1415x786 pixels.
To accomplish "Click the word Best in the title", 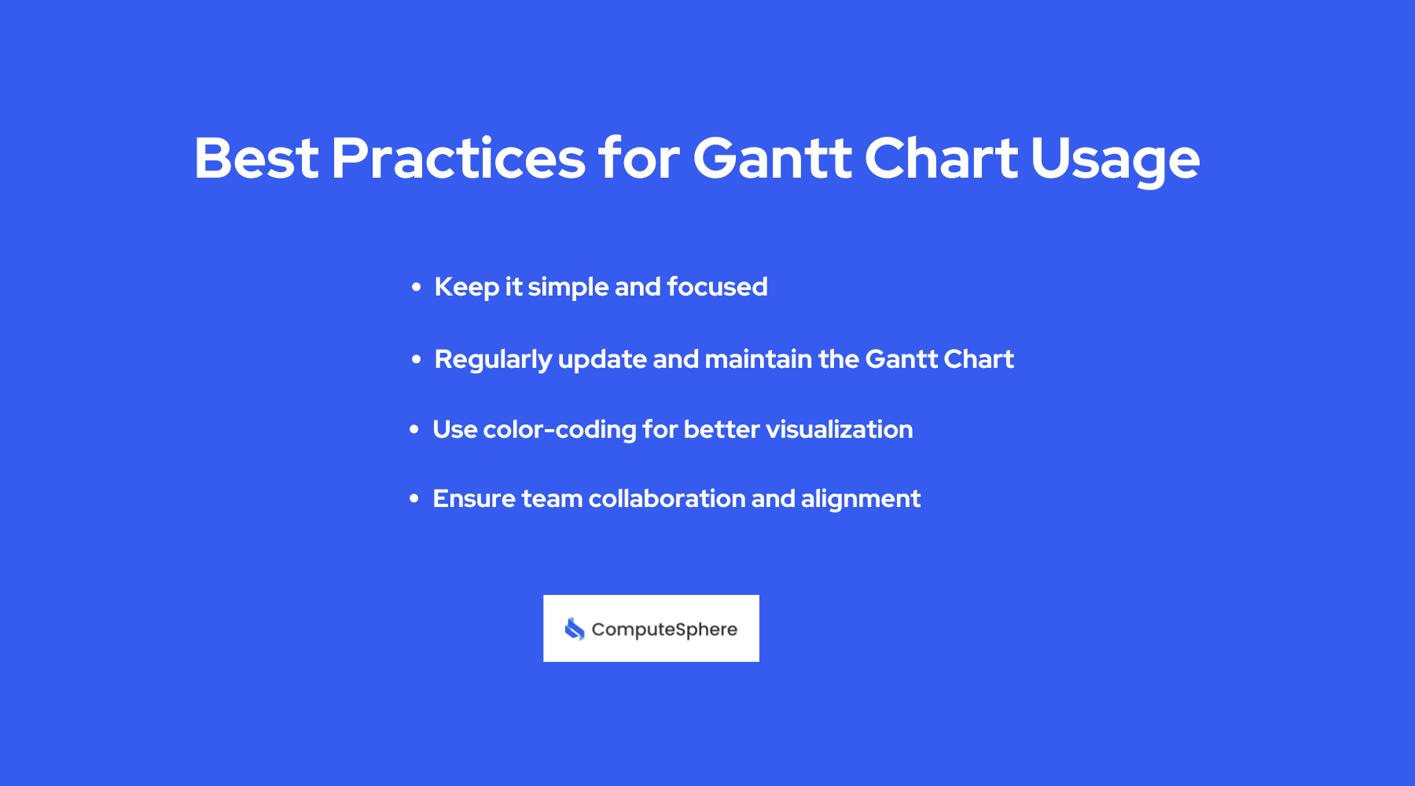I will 256,159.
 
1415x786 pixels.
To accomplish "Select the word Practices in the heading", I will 458,159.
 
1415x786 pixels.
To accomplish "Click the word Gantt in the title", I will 772,159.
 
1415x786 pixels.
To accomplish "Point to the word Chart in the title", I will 941,159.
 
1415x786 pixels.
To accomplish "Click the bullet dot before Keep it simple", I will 417,288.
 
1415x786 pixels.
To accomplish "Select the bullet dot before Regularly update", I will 417,360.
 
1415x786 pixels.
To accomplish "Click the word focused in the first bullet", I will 717,287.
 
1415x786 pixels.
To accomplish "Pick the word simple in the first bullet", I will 568,288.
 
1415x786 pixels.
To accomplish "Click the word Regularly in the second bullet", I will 493,360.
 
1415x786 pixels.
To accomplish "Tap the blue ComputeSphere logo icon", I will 575,629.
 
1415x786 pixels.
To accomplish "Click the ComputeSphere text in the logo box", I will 664,630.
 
